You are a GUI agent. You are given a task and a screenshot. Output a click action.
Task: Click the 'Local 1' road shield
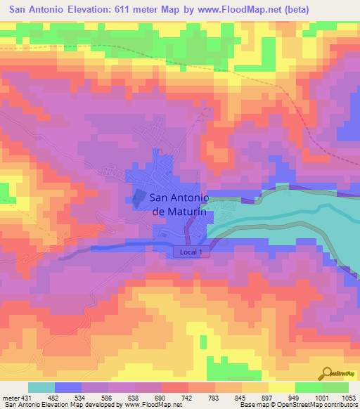pyautogui.click(x=192, y=252)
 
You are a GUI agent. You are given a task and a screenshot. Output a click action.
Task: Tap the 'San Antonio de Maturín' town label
pyautogui.click(x=181, y=204)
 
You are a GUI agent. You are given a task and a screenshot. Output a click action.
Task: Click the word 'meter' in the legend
pyautogui.click(x=11, y=398)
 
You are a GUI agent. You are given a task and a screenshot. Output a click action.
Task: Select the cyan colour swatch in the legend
pyautogui.click(x=41, y=387)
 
